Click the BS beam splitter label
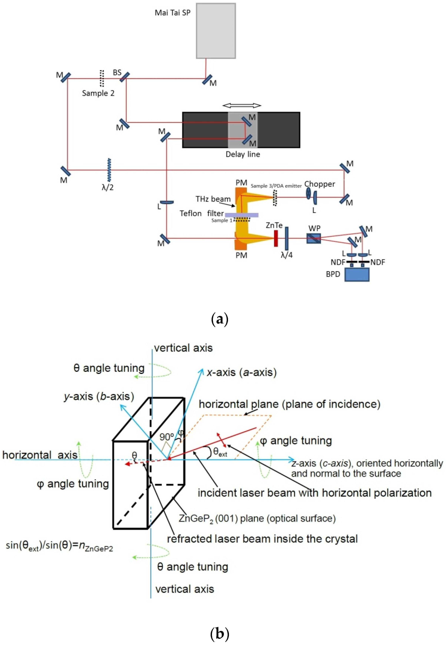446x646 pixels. (x=117, y=73)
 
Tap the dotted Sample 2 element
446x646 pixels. (x=102, y=78)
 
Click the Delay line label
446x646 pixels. (x=243, y=154)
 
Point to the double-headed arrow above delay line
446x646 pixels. (x=242, y=105)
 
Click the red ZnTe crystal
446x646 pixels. (x=276, y=238)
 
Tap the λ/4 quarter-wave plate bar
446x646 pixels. (x=286, y=238)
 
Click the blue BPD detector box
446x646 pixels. (x=357, y=275)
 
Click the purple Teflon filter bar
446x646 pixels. (x=241, y=215)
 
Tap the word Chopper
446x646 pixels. (x=319, y=184)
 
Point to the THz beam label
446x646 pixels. (x=213, y=199)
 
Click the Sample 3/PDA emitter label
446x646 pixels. (x=276, y=186)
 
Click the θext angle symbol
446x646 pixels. (x=220, y=452)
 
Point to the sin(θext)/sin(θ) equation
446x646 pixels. (x=59, y=546)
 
